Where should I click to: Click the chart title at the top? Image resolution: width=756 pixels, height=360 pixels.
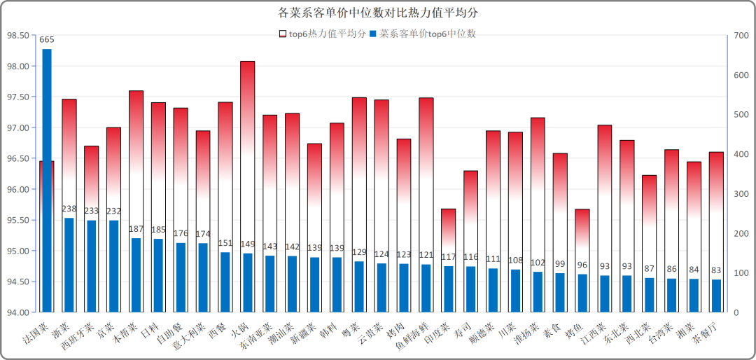(378, 13)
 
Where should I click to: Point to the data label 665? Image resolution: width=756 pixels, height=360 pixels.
(47, 39)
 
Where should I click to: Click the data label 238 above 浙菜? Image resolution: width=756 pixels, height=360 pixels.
(69, 209)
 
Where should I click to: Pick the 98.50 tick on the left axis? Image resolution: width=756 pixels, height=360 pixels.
(18, 35)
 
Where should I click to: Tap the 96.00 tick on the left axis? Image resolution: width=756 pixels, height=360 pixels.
(18, 189)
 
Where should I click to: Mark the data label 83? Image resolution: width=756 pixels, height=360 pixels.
(716, 270)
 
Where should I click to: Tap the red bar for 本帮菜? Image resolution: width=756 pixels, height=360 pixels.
(136, 161)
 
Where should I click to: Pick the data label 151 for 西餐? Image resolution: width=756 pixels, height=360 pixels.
(225, 243)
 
